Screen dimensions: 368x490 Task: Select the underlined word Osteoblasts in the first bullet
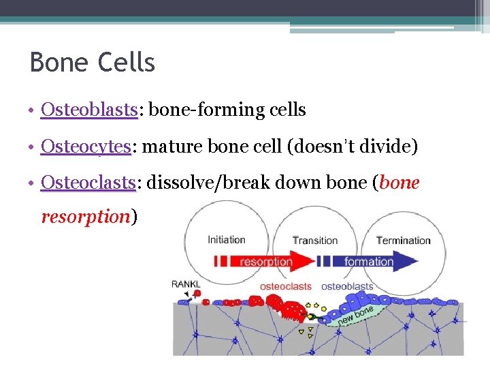[x=89, y=109]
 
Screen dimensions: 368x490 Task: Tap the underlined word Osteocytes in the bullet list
[x=86, y=146]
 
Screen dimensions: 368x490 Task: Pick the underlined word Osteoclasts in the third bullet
[x=88, y=183]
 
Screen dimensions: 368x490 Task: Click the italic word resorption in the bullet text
[x=85, y=217]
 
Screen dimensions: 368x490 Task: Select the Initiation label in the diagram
[x=227, y=240]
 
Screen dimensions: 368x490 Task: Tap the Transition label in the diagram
[x=315, y=240]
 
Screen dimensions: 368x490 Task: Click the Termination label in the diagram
[x=404, y=240]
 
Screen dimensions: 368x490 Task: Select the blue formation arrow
[x=370, y=261]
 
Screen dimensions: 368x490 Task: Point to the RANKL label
[x=186, y=284]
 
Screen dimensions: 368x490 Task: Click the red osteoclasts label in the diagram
[x=286, y=286]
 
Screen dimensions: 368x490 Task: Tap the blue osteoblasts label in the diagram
[x=347, y=286]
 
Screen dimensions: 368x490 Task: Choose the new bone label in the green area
[x=355, y=313]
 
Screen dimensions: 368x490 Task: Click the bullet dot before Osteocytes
[x=33, y=147]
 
